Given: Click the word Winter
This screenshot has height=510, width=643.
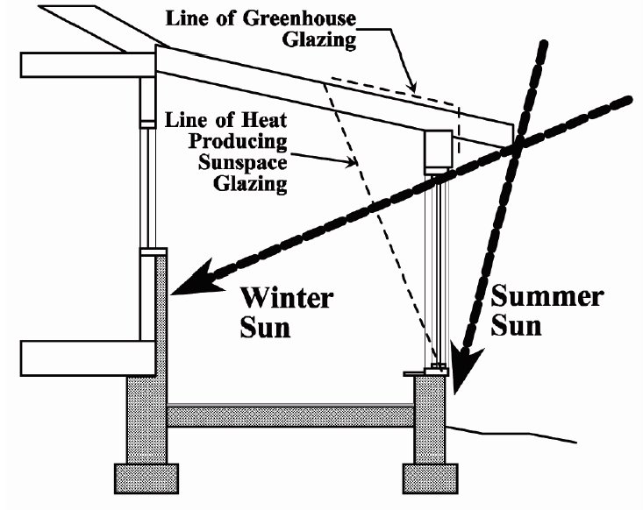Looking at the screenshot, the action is pos(286,298).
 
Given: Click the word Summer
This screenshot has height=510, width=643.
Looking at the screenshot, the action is pos(547,296).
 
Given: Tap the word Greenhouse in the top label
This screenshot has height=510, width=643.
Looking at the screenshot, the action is pos(299,19).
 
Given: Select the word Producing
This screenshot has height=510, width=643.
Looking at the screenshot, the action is pos(238,142).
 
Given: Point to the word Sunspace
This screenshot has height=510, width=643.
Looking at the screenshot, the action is pos(242,162).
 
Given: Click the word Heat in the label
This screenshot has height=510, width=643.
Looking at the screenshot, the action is pos(264,120).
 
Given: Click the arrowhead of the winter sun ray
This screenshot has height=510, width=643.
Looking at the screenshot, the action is pos(196,278).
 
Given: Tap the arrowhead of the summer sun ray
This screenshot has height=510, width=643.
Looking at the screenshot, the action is pos(466,369).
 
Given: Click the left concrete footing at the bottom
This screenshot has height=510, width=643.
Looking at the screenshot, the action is pos(146,478).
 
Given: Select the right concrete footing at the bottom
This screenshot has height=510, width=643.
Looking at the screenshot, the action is pos(430,478).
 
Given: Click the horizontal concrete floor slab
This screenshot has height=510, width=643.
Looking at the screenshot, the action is pos(290,415).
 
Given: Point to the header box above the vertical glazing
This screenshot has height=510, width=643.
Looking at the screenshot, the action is pos(438,151).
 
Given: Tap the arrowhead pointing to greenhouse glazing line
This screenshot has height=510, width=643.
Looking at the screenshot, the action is pos(412,86).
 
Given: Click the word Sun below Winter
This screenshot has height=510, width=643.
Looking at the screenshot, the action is pos(265,328).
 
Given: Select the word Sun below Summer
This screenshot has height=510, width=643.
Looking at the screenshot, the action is pos(516,326).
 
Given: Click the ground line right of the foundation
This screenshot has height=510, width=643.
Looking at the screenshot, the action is pos(511,435).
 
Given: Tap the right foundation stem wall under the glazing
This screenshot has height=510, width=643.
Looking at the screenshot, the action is pos(430,420).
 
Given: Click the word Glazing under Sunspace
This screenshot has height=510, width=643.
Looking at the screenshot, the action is pos(250,183).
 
